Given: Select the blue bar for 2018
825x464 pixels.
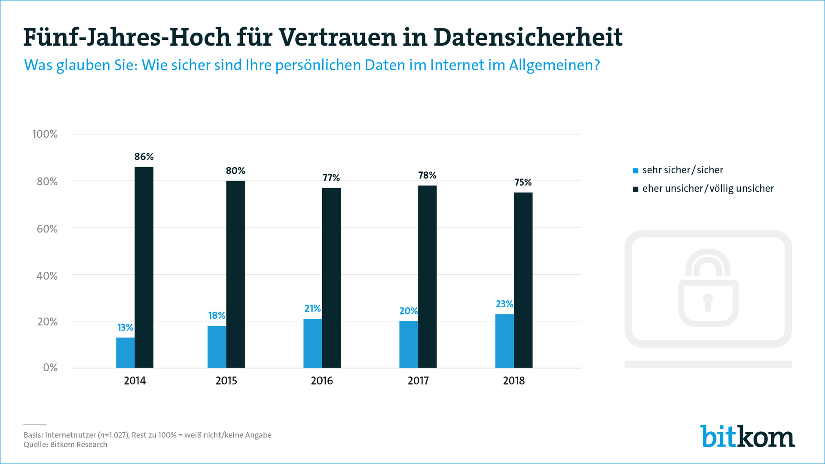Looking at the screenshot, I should point(504,341).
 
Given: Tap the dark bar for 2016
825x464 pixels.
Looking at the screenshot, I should point(331,278).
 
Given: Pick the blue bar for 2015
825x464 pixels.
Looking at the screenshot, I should point(217,347).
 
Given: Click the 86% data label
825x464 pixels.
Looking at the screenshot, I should point(144,157).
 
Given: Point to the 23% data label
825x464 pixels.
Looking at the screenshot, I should point(504,304).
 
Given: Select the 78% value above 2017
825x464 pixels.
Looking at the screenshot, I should point(427,175).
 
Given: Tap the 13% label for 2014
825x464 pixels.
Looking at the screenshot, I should point(125,328).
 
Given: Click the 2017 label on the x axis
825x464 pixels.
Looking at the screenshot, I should point(418,381).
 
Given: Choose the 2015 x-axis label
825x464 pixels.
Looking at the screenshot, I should point(226,381).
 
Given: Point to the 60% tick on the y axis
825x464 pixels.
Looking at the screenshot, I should point(47,229).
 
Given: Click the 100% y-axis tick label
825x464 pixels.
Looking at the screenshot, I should point(45,134).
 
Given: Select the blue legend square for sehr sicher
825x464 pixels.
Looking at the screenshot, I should point(636,171).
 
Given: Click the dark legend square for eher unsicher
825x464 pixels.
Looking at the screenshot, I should point(636,189).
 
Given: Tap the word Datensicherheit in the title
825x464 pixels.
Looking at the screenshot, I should point(528,37).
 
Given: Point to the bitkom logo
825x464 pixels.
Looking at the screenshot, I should point(747,437).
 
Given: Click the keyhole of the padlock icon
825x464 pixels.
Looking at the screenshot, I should point(708,302).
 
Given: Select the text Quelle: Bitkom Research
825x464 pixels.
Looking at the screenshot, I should point(65,445).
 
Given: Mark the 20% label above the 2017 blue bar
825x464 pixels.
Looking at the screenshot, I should point(408,311).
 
